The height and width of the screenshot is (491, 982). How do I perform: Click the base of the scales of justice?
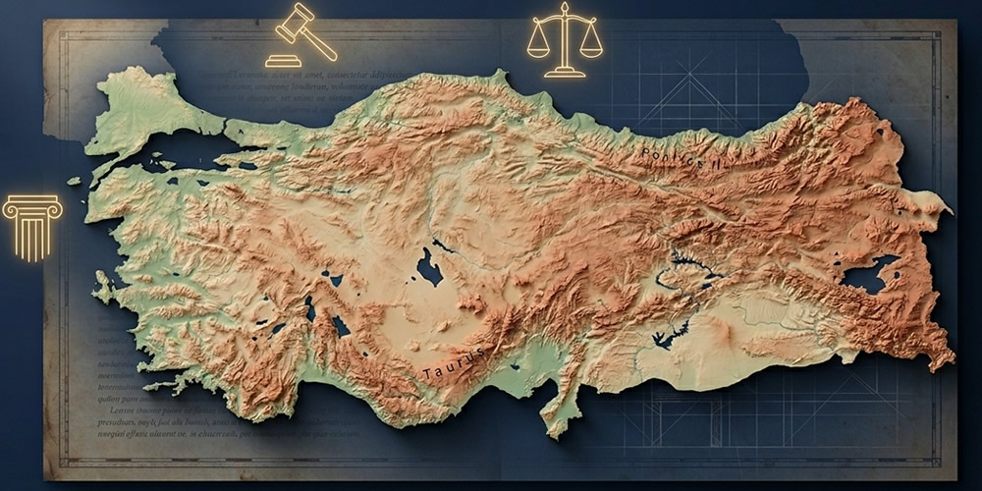tap(565, 72)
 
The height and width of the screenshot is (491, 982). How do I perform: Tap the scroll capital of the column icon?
tap(32, 205)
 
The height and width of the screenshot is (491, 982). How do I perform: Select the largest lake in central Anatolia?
tap(429, 266)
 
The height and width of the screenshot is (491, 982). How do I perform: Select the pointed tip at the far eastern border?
tap(949, 210)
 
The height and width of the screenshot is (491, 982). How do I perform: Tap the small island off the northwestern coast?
tap(74, 181)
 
